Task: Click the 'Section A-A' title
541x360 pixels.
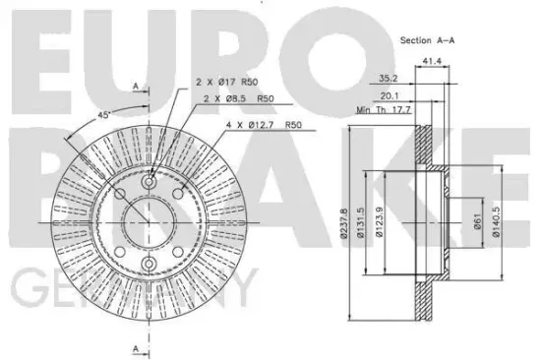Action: (x=427, y=40)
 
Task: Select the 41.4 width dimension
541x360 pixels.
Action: (x=432, y=61)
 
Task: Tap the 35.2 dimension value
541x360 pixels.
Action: (x=389, y=79)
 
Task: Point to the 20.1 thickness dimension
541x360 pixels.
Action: (x=390, y=96)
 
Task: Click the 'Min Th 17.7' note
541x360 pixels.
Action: (x=384, y=110)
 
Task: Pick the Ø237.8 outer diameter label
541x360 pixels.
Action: (x=343, y=223)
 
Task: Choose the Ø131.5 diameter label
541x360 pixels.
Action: (x=361, y=223)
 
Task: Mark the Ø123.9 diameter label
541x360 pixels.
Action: (x=380, y=222)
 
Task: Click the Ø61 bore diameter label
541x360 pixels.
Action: (x=477, y=221)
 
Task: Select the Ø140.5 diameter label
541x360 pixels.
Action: (x=496, y=222)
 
